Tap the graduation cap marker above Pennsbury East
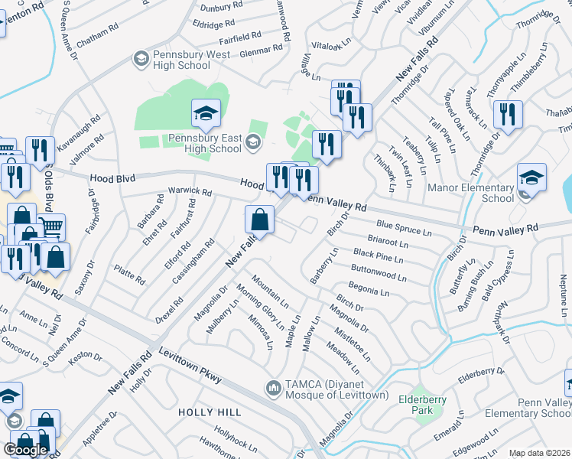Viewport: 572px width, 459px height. pyautogui.click(x=206, y=114)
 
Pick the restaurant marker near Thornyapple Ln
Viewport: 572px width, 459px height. pyautogui.click(x=507, y=115)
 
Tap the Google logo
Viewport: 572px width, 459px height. pyautogui.click(x=26, y=449)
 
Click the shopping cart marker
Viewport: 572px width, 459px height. pyautogui.click(x=51, y=227)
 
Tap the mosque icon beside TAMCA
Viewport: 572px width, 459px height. pyautogui.click(x=274, y=389)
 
